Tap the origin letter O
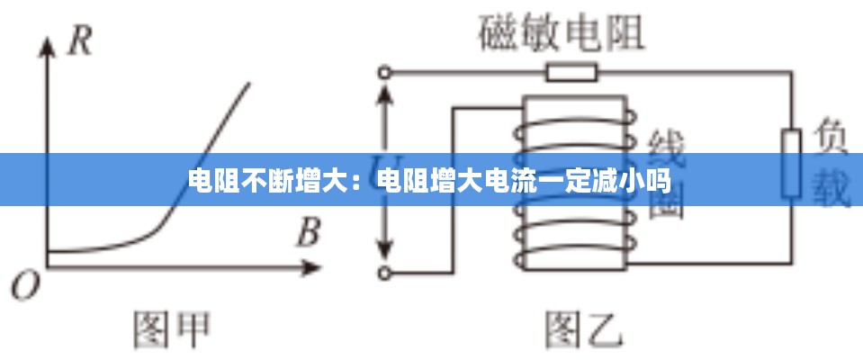point(26,286)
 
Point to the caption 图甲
point(171,330)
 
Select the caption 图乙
point(584,330)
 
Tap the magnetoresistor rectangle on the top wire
point(571,72)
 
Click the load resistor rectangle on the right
point(791,162)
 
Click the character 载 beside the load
point(832,189)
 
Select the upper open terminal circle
point(386,72)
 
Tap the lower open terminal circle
point(386,270)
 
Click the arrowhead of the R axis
point(47,45)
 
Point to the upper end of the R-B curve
point(249,84)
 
